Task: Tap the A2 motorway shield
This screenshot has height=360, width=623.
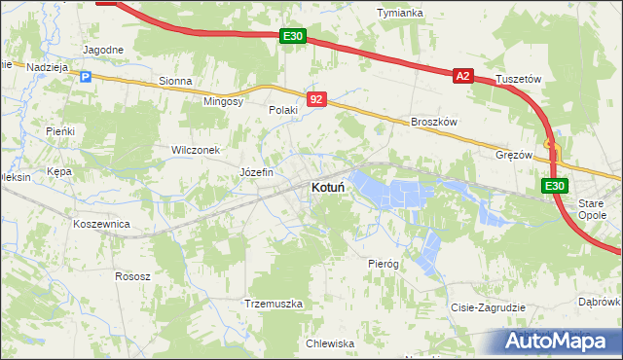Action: pyautogui.click(x=462, y=75)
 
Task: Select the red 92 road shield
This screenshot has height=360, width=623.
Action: pyautogui.click(x=316, y=99)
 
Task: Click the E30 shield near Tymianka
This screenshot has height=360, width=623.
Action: pyautogui.click(x=293, y=37)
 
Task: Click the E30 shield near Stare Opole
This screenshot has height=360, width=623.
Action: pyautogui.click(x=554, y=186)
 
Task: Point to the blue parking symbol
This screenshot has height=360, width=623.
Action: pyautogui.click(x=85, y=77)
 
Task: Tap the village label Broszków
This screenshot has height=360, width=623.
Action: pyautogui.click(x=434, y=122)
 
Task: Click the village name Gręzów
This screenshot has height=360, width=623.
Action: pyautogui.click(x=514, y=155)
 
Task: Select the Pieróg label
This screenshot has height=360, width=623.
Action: pyautogui.click(x=384, y=264)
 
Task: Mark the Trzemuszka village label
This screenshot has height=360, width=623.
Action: pyautogui.click(x=275, y=304)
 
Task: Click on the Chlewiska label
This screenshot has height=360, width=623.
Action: pyautogui.click(x=329, y=343)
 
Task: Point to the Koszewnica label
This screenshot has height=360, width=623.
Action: pyautogui.click(x=101, y=224)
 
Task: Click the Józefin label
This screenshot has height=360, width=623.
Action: pyautogui.click(x=257, y=172)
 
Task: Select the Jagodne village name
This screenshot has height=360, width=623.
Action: pyautogui.click(x=103, y=50)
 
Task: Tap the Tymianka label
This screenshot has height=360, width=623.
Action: pyautogui.click(x=400, y=13)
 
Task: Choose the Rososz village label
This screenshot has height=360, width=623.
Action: pyautogui.click(x=132, y=276)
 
